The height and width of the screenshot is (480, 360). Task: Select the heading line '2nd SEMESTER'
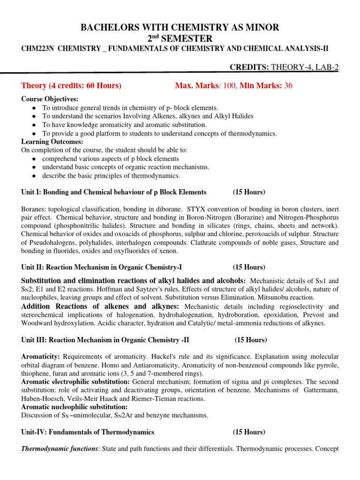coord(180,38)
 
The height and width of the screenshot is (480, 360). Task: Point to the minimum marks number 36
coord(287,85)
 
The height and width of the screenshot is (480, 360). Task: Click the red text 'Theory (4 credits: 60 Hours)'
coord(71,85)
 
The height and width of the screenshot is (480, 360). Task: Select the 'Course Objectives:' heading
coord(50,99)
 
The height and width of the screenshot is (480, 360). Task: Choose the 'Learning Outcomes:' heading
coord(52,142)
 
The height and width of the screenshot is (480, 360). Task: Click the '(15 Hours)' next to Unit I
coord(249,192)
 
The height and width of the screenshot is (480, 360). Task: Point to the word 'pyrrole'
coord(327,365)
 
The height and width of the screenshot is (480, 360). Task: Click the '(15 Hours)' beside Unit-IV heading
coord(249,432)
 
